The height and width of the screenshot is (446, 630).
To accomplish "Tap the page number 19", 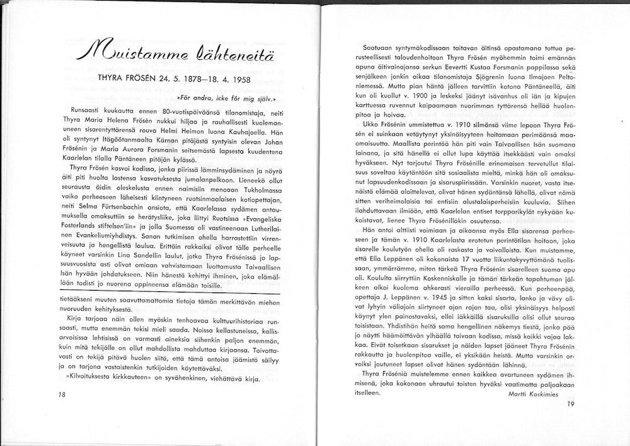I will pyautogui.click(x=571, y=404).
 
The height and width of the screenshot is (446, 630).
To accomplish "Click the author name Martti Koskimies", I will pyautogui.click(x=537, y=393).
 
